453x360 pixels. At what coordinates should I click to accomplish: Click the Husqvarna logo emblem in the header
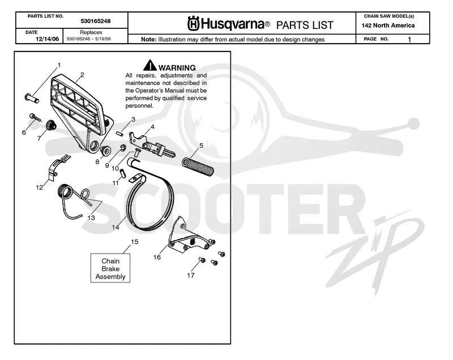pos(193,24)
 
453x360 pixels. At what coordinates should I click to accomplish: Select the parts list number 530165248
pos(95,21)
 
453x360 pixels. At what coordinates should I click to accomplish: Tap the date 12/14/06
pos(47,39)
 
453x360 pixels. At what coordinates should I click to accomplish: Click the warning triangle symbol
pos(150,65)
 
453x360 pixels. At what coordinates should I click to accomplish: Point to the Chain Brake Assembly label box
pos(110,268)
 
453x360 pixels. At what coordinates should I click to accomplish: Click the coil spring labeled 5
pos(198,166)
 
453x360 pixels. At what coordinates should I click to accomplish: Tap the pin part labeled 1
pos(32,98)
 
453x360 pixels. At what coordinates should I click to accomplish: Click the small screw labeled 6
pos(35,118)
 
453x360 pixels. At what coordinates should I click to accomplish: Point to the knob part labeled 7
pos(51,125)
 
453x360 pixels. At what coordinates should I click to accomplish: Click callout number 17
pos(191,276)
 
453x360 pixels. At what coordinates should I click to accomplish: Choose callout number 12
pos(39,187)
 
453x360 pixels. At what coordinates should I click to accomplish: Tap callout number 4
pos(152,127)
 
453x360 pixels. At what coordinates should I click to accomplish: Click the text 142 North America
pos(388,25)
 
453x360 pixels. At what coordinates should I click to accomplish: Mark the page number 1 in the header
pos(409,39)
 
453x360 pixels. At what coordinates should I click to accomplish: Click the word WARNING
pos(177,68)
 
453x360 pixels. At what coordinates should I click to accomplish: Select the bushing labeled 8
pos(105,150)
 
